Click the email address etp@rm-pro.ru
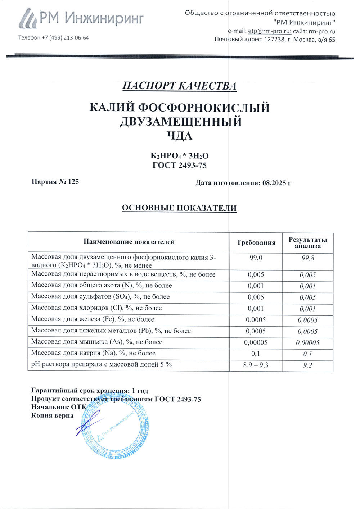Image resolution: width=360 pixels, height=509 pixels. point(270,31)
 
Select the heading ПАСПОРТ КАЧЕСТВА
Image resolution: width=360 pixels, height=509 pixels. point(179,86)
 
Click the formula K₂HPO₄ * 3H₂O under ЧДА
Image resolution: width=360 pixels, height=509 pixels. point(179,156)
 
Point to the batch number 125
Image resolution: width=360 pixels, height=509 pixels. point(73,181)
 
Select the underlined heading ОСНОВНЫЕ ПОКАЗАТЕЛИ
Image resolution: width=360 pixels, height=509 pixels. point(179,208)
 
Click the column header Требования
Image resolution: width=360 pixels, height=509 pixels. point(256,242)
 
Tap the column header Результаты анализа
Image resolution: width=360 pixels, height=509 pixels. point(308,242)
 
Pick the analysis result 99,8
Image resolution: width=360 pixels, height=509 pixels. point(308,258)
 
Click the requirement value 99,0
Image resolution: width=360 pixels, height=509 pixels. point(256,258)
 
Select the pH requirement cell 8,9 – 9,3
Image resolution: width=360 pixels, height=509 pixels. point(256,365)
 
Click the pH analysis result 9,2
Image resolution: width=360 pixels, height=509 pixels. point(308,365)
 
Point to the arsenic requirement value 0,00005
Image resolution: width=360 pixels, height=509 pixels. point(256,342)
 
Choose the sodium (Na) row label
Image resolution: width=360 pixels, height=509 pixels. point(94,353)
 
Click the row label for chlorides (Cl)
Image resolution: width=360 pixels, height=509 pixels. point(96,308)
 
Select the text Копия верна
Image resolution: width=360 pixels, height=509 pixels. point(52,415)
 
